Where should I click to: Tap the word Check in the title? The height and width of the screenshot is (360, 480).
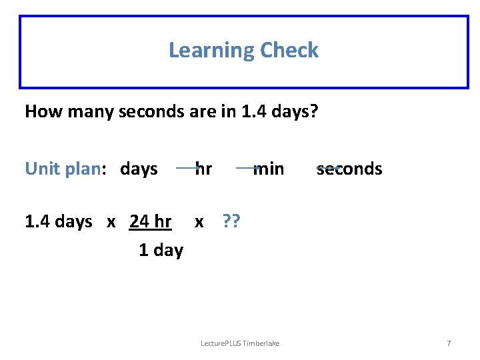point(289,50)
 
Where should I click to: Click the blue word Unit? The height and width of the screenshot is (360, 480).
point(42,169)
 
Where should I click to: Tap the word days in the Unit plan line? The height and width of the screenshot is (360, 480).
point(139,169)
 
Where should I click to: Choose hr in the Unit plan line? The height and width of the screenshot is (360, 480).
point(204,169)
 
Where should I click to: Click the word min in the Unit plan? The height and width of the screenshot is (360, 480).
point(269,169)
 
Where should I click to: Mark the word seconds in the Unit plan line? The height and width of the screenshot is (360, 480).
point(349,169)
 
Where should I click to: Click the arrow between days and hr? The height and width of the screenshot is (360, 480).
point(187,168)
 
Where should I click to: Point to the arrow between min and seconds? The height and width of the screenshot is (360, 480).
point(328,167)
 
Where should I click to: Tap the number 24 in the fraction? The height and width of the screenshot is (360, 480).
point(139,221)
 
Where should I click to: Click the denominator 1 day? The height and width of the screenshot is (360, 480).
point(161,250)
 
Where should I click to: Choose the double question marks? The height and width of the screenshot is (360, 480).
point(231,221)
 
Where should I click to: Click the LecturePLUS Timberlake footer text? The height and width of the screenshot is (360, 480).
point(240,343)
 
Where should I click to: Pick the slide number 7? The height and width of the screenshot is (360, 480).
point(449,343)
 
